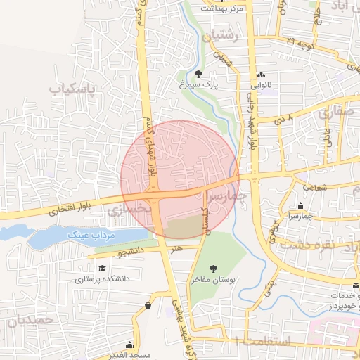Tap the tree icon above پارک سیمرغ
click(x=199, y=73)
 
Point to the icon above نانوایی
click(x=261, y=75)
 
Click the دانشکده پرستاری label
click(x=104, y=280)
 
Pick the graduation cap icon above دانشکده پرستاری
click(x=102, y=269)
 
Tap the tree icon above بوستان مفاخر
click(x=214, y=268)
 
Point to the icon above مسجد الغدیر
click(x=129, y=345)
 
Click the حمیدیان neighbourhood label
click(x=26, y=321)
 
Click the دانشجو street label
click(x=129, y=250)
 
